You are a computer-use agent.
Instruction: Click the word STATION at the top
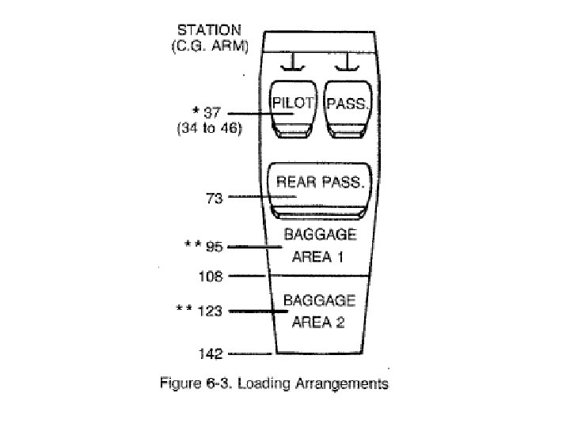pos(208,32)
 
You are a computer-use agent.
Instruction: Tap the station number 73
pos(213,197)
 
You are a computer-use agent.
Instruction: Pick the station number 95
pos(214,247)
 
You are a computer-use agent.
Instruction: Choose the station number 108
pos(211,277)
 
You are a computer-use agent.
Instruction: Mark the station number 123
pos(211,312)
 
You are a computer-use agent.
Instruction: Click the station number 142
pos(211,353)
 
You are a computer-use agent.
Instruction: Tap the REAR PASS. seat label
pos(320,182)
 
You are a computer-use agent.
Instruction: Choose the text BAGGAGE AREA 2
pos(320,311)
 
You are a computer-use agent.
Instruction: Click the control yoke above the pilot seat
pos(294,61)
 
